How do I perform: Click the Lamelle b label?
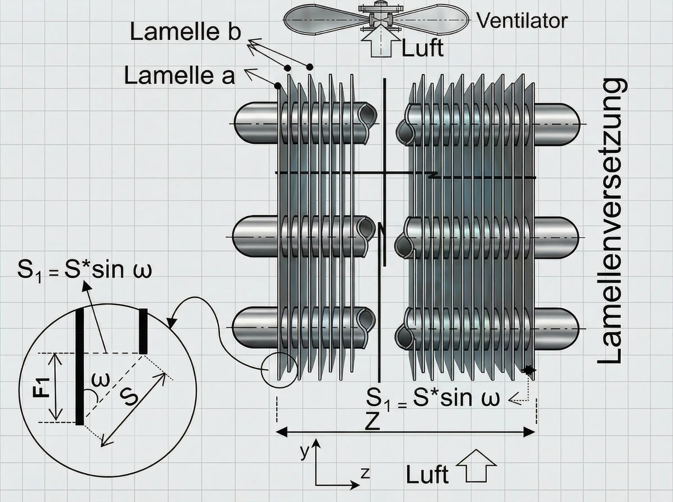pyautogui.click(x=185, y=32)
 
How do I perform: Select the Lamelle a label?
pyautogui.click(x=179, y=75)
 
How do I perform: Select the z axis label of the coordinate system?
pyautogui.click(x=365, y=473)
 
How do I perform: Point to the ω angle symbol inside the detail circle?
pyautogui.click(x=100, y=380)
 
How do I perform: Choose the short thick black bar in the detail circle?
pyautogui.click(x=143, y=331)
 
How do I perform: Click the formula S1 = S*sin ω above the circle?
pyautogui.click(x=84, y=271)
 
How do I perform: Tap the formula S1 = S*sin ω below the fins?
pyautogui.click(x=433, y=399)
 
